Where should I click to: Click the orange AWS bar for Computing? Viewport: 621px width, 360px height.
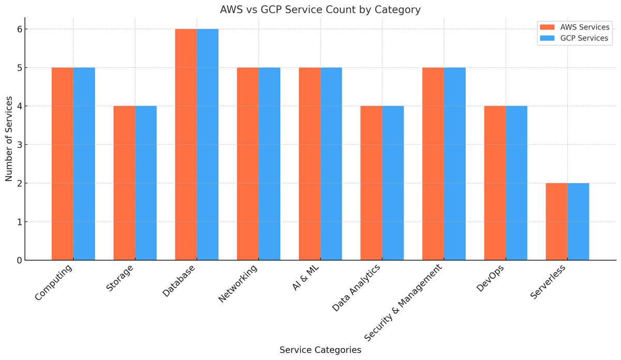pos(63,164)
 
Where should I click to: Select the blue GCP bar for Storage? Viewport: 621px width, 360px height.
pos(146,183)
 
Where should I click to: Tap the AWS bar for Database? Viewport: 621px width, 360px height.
pos(186,144)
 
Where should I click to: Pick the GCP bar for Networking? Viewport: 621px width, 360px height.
pos(270,164)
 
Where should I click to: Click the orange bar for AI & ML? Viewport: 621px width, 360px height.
pos(309,164)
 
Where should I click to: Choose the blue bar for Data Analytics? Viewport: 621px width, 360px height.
pos(393,183)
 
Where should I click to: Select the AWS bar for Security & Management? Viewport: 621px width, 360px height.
pos(433,164)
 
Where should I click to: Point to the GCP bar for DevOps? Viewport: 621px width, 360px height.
pos(516,183)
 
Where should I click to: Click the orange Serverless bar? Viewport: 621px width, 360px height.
pos(557,222)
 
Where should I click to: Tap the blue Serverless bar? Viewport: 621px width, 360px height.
pos(579,222)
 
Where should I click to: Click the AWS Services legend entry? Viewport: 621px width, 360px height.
pos(574,27)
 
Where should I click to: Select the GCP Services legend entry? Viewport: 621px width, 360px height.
pos(574,38)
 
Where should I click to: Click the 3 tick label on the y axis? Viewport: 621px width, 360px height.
pos(20,145)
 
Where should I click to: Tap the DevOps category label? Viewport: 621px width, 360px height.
pos(490,278)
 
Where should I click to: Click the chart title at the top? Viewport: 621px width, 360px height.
pos(320,10)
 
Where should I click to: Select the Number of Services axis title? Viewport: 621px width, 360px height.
pos(9,139)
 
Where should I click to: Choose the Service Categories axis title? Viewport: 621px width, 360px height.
pos(320,350)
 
